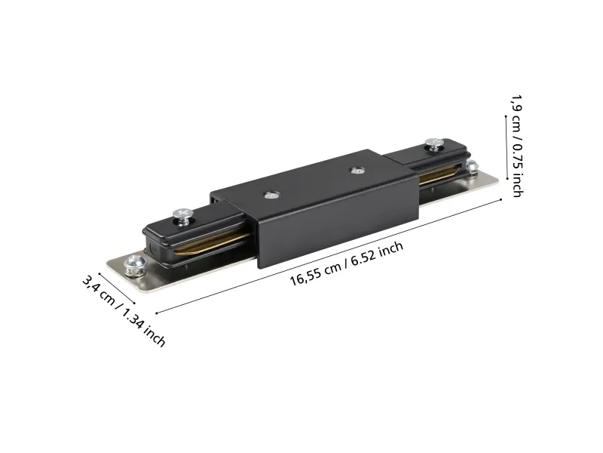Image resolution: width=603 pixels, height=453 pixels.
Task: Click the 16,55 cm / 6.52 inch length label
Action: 347,263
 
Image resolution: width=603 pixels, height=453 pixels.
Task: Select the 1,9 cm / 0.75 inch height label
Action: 517,146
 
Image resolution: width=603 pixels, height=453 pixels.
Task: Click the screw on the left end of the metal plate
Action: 136,266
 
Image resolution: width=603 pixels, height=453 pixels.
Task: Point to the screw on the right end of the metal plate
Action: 472,166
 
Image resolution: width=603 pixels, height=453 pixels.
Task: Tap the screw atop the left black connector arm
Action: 182,217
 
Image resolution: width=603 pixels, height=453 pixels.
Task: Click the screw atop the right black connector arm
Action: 434,143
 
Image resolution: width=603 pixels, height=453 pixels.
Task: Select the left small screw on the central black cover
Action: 272,195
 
